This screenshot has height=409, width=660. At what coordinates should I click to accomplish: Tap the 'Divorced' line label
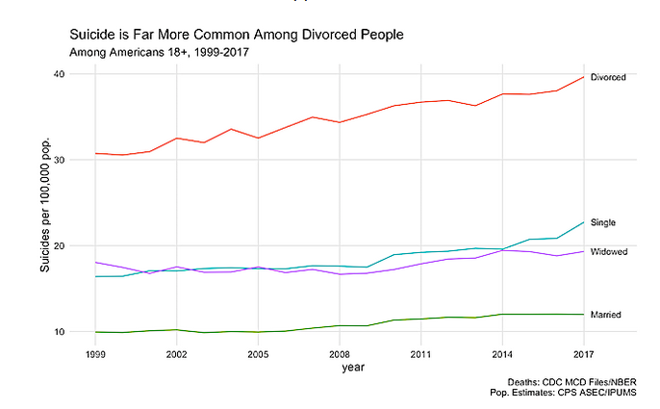click(x=608, y=77)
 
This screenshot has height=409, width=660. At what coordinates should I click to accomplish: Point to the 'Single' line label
click(x=603, y=222)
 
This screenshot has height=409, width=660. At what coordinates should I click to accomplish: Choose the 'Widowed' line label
click(x=609, y=251)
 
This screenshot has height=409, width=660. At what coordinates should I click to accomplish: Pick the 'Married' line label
click(x=605, y=315)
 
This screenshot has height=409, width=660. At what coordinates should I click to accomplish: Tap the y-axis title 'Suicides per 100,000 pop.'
click(x=44, y=203)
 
